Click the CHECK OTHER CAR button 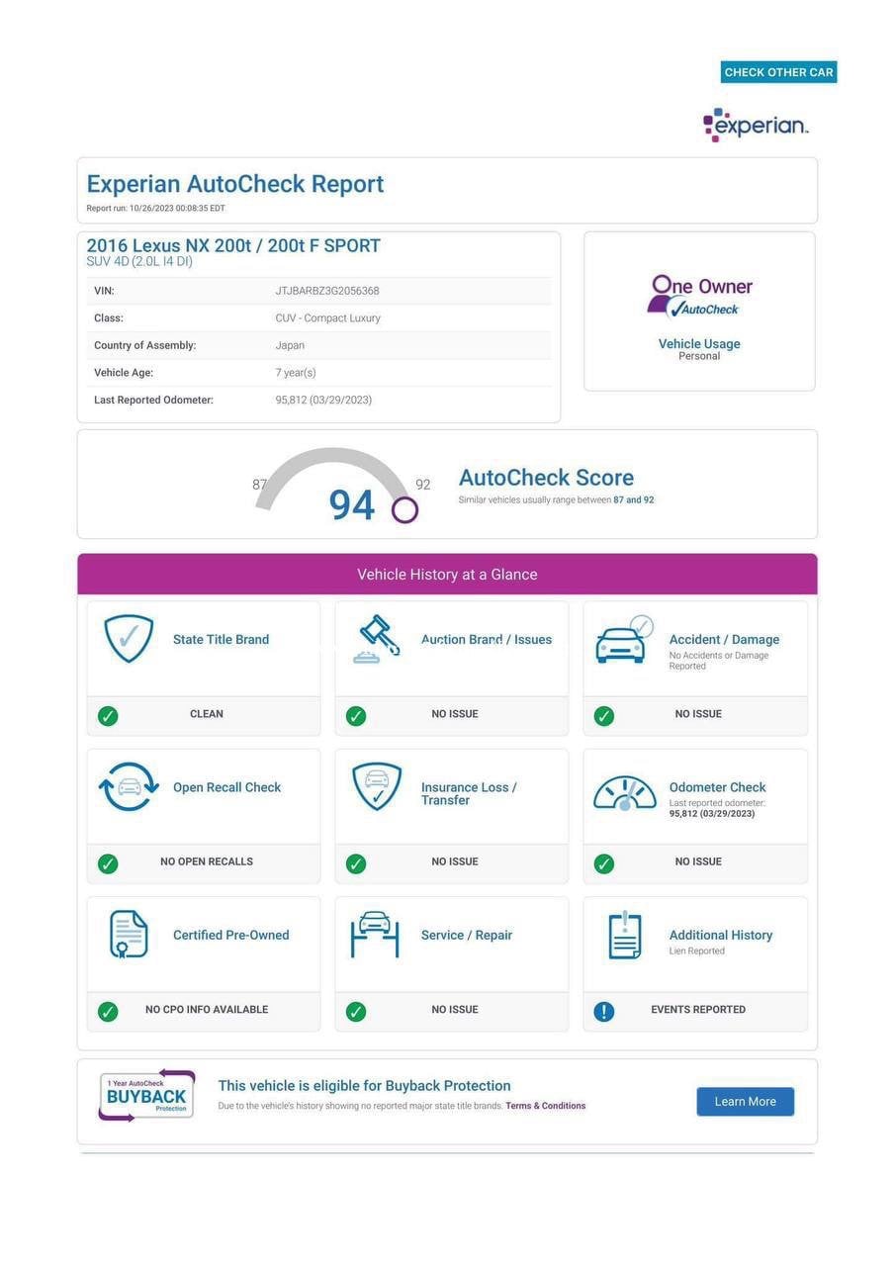[x=778, y=72]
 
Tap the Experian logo [x=756, y=126]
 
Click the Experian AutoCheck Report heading [x=235, y=184]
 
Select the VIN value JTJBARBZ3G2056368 [x=327, y=291]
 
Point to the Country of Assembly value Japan [x=290, y=345]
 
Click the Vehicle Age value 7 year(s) [x=296, y=373]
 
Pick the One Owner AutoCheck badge [x=699, y=296]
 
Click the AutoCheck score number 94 [x=352, y=505]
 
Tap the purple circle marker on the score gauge [x=404, y=510]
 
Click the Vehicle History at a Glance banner [x=447, y=575]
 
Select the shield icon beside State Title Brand [x=130, y=639]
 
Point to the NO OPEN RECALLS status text [x=207, y=861]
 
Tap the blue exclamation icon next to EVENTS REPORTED [x=604, y=1011]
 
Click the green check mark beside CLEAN [x=108, y=716]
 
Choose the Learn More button [x=745, y=1102]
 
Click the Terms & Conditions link [x=545, y=1106]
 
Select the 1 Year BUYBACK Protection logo [x=146, y=1096]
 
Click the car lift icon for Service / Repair [x=375, y=934]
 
